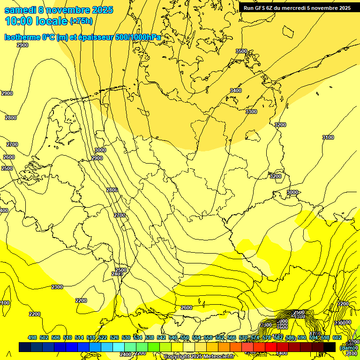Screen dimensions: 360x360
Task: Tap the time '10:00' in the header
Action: click(x=19, y=21)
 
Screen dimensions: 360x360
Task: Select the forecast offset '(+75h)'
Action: click(x=81, y=21)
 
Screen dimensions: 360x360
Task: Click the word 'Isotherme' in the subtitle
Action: click(x=22, y=37)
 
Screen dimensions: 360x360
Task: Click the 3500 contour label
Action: click(x=241, y=51)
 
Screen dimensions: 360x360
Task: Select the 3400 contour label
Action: click(x=236, y=90)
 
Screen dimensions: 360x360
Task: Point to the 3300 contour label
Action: click(x=251, y=112)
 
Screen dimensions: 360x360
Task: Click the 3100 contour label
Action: click(x=328, y=137)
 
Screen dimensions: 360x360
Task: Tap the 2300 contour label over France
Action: click(x=57, y=287)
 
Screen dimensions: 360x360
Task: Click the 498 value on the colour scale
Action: click(x=32, y=337)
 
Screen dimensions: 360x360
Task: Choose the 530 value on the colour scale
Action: click(x=126, y=337)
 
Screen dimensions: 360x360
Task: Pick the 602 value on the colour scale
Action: click(x=337, y=337)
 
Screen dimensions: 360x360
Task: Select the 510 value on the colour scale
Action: click(x=67, y=337)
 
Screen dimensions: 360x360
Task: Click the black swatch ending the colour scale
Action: click(x=330, y=347)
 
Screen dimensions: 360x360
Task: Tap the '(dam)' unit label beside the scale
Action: click(x=347, y=347)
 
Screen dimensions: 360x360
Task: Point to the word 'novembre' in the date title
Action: click(x=71, y=10)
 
